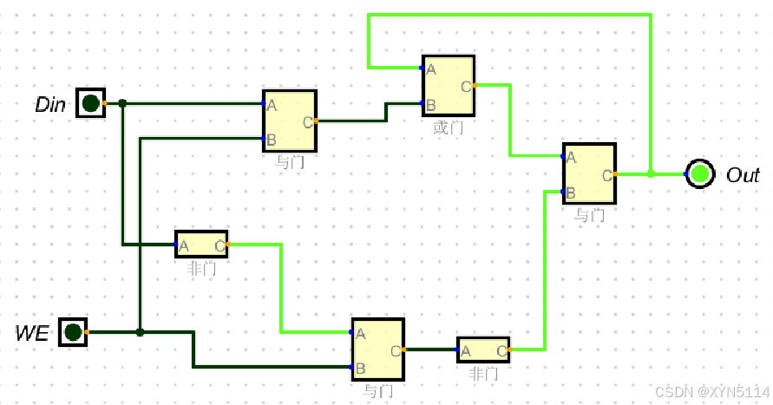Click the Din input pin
point(89,103)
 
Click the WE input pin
point(73,331)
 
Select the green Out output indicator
point(700,174)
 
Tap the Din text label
point(51,105)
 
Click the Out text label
point(743,176)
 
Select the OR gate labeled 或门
point(449,86)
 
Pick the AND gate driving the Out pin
point(589,173)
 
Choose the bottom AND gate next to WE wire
point(377,349)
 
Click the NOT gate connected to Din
point(201,245)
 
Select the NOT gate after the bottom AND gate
point(483,349)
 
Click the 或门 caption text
point(449,127)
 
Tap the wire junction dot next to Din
point(123,103)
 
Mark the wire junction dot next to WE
point(141,331)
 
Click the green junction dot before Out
point(651,173)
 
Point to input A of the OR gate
point(424,68)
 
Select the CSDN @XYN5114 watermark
point(711,392)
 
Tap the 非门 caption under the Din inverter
point(201,268)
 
